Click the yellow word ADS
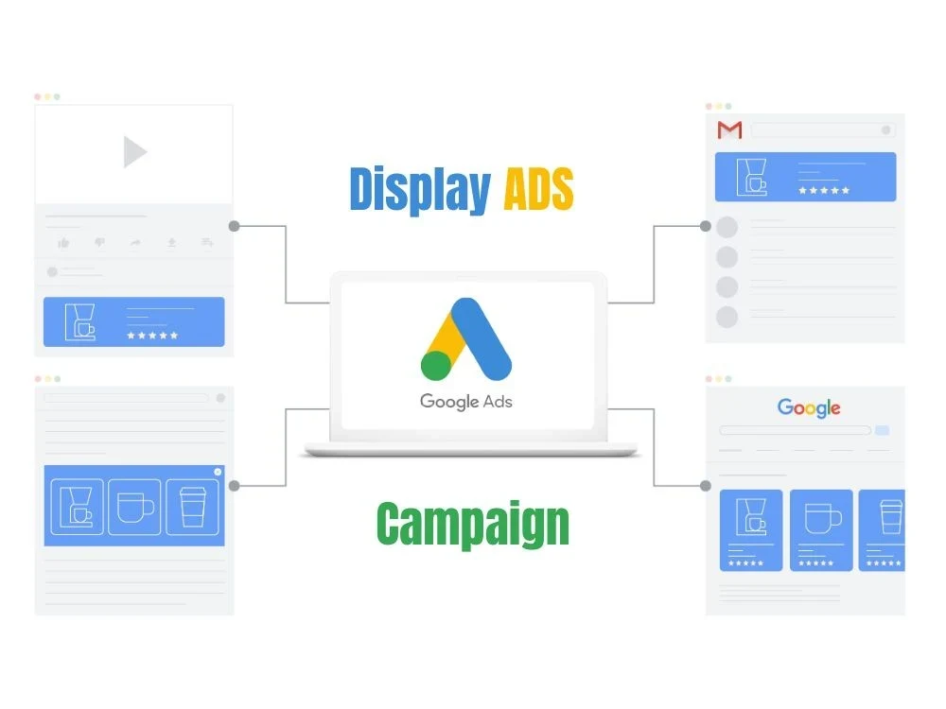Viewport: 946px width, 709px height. pyautogui.click(x=538, y=189)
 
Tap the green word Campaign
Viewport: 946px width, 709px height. pyautogui.click(x=473, y=524)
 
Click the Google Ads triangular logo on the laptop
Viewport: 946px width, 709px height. pyautogui.click(x=465, y=338)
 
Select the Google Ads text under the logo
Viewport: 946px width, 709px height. pyautogui.click(x=465, y=402)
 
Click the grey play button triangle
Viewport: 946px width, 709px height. pyautogui.click(x=134, y=151)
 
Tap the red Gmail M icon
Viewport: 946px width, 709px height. pyautogui.click(x=729, y=130)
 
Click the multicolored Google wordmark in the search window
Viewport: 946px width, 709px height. pyautogui.click(x=809, y=408)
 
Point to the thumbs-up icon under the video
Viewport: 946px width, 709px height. pyautogui.click(x=63, y=242)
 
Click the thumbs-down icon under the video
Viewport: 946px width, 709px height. pyautogui.click(x=99, y=242)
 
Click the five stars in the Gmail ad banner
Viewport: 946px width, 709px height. pyautogui.click(x=824, y=191)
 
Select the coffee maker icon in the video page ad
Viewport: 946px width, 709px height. pyautogui.click(x=80, y=322)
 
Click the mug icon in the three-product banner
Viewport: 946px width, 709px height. pyautogui.click(x=134, y=507)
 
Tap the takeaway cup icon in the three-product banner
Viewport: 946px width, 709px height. pyautogui.click(x=192, y=507)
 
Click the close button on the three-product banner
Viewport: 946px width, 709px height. pyautogui.click(x=218, y=472)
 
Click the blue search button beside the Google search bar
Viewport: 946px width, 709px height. pyautogui.click(x=882, y=430)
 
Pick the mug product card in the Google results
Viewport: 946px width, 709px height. pyautogui.click(x=821, y=530)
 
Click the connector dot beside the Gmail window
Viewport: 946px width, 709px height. pyautogui.click(x=706, y=226)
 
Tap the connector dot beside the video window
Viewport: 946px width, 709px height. pyautogui.click(x=234, y=226)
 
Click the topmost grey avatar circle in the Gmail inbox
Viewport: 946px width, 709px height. pyautogui.click(x=727, y=227)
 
